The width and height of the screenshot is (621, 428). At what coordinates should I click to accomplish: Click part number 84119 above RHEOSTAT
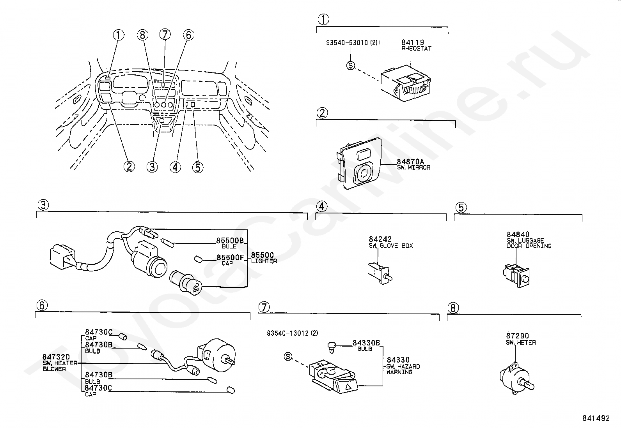click(413, 42)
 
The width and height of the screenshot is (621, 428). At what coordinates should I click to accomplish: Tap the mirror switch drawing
click(358, 164)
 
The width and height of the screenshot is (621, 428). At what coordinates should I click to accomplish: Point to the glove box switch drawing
click(379, 271)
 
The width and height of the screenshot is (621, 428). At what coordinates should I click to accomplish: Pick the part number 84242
click(380, 239)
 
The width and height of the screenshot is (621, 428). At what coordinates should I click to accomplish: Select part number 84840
click(518, 234)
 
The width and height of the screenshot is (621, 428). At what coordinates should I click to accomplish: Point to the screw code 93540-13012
click(288, 333)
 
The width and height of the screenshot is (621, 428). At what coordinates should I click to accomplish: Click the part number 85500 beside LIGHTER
click(263, 255)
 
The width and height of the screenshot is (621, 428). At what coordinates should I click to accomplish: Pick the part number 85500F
click(230, 257)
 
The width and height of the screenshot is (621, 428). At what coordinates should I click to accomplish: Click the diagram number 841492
click(596, 418)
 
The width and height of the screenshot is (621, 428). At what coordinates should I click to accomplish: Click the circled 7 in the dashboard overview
click(165, 34)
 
